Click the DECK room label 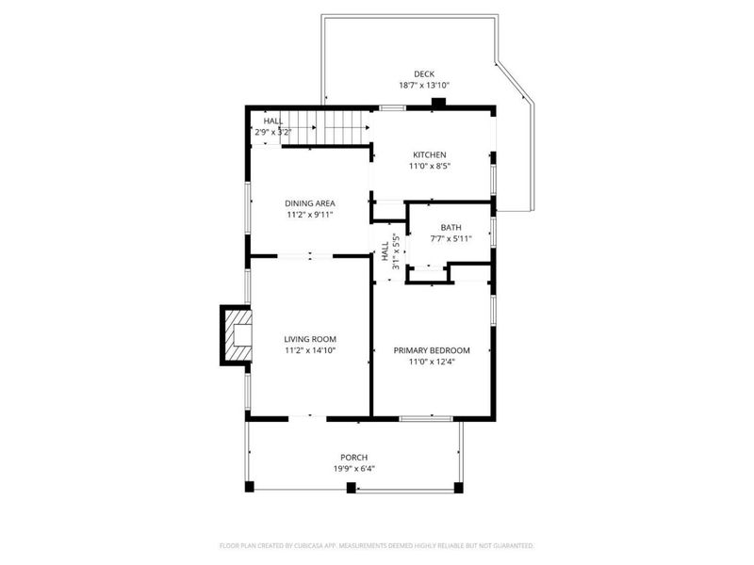coord(423,73)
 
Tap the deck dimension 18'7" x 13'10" coord(423,85)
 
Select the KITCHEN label coord(430,155)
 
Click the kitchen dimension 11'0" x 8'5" coord(430,167)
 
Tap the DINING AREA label coord(310,203)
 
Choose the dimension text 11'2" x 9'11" coord(310,215)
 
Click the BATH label coord(451,227)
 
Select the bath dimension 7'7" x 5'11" coord(451,238)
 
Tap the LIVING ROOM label coord(310,339)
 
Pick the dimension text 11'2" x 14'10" coord(310,350)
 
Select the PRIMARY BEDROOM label coord(432,350)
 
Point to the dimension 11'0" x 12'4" coord(432,362)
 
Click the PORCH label coord(354,457)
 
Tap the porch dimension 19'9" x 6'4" coord(354,468)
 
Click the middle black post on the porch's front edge coord(351,487)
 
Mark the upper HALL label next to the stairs coord(272,121)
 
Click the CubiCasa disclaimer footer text coord(377,545)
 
